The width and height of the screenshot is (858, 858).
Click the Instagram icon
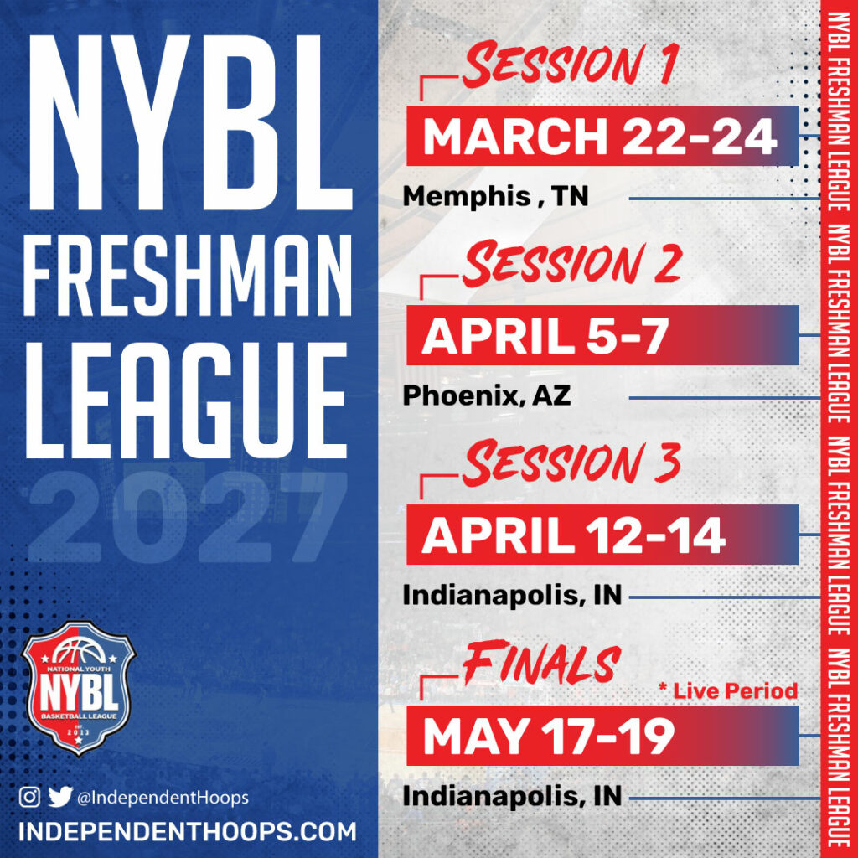(29, 798)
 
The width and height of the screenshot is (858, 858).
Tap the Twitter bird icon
(60, 798)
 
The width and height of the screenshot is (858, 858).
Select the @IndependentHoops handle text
(163, 799)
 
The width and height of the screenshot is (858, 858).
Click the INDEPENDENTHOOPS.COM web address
(187, 832)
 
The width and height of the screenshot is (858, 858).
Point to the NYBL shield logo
(78, 688)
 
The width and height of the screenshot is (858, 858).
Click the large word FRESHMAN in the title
(187, 277)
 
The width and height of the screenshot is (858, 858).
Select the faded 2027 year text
(189, 517)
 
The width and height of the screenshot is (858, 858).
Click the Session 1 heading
(571, 65)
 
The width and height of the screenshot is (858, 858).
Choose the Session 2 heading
(571, 264)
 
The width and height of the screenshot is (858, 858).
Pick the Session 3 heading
(571, 463)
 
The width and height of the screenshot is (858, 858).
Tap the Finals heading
(542, 663)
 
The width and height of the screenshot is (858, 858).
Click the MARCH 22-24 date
(600, 137)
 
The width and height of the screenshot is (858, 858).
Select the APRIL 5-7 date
(545, 335)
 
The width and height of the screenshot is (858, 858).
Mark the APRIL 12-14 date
(573, 535)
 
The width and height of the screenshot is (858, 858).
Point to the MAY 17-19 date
(548, 736)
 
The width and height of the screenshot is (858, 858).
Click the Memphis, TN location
(496, 197)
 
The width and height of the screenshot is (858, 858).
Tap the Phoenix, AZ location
(487, 395)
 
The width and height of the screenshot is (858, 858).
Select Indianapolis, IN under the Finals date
(512, 796)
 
